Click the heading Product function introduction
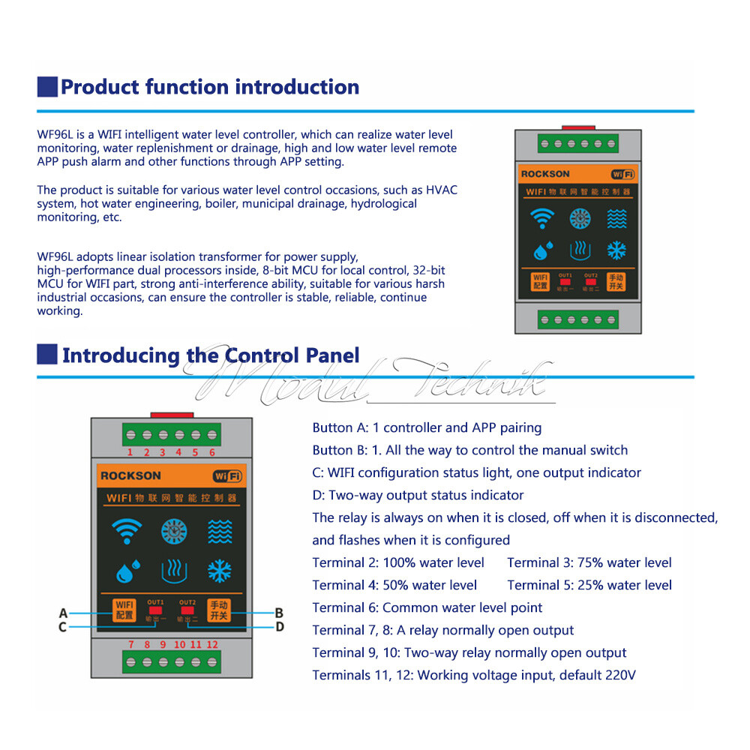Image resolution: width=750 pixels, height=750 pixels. [209, 87]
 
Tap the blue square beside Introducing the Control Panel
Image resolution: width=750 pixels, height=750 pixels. [47, 354]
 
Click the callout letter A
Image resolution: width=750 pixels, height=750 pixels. [63, 613]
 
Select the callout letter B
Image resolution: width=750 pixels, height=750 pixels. [278, 612]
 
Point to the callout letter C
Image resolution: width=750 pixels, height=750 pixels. [63, 627]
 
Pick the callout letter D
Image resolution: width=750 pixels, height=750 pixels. [279, 626]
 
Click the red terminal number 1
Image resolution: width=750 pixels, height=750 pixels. [130, 452]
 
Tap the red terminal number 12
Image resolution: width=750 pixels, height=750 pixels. [213, 644]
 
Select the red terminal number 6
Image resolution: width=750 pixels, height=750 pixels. [212, 452]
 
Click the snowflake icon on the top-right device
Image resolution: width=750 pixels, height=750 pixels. [616, 250]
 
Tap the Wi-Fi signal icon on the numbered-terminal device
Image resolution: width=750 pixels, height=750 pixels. [125, 531]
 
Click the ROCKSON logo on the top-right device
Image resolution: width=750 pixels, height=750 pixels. [545, 174]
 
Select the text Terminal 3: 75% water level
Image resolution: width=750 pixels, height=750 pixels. [589, 562]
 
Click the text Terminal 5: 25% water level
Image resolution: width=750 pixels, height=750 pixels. [589, 585]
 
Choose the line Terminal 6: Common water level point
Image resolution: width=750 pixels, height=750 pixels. [427, 607]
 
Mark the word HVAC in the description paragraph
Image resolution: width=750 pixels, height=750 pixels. [441, 190]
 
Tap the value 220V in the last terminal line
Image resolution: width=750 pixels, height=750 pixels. [619, 675]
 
